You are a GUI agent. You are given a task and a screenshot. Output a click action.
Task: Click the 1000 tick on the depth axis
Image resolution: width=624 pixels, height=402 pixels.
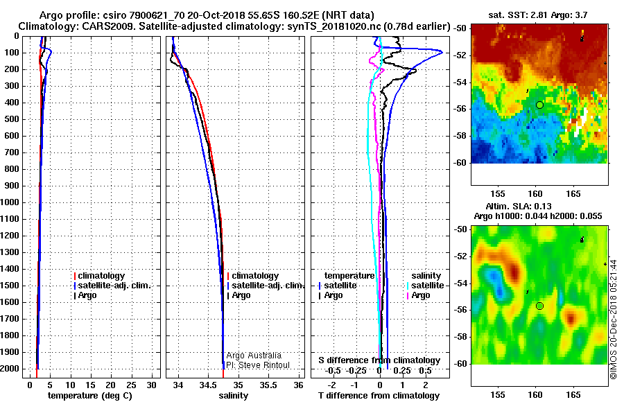(x=11, y=202)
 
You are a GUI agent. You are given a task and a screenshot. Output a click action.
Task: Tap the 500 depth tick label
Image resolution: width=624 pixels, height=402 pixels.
(x=11, y=119)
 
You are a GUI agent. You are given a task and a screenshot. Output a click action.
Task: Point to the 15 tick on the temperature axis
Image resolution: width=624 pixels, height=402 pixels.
(x=91, y=385)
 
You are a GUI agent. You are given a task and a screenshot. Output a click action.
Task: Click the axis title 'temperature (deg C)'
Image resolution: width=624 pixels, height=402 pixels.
(x=90, y=396)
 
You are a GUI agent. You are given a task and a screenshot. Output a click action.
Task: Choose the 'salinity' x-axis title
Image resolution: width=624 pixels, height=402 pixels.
(x=233, y=396)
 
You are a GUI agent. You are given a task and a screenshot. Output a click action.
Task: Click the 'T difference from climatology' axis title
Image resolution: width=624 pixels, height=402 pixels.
(x=379, y=396)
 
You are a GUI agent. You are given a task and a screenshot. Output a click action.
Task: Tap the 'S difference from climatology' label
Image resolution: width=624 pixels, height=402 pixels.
(x=380, y=360)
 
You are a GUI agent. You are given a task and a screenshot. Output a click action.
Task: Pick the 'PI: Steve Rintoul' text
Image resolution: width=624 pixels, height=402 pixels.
(x=258, y=365)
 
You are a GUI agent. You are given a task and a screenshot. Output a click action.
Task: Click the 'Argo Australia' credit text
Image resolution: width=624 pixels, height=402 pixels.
(x=254, y=356)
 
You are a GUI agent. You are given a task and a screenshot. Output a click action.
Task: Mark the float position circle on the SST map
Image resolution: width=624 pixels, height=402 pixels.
(x=539, y=105)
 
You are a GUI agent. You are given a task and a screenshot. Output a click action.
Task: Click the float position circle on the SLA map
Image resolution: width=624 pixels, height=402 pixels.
(x=539, y=306)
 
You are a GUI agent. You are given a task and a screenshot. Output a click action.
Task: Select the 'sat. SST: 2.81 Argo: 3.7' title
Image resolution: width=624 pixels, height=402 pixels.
(x=537, y=15)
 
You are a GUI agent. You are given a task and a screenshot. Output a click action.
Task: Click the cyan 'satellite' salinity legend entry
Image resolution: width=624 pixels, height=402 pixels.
(x=425, y=286)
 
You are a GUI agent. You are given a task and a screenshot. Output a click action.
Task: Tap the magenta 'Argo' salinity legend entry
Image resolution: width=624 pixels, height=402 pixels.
(x=418, y=295)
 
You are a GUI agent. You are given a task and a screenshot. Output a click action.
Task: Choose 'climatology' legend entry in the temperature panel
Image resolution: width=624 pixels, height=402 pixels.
(x=99, y=276)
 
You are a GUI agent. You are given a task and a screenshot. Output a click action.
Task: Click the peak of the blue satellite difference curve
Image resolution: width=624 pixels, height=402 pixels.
(x=442, y=52)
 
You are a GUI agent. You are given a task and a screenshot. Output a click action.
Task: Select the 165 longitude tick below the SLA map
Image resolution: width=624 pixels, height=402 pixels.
(x=573, y=395)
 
